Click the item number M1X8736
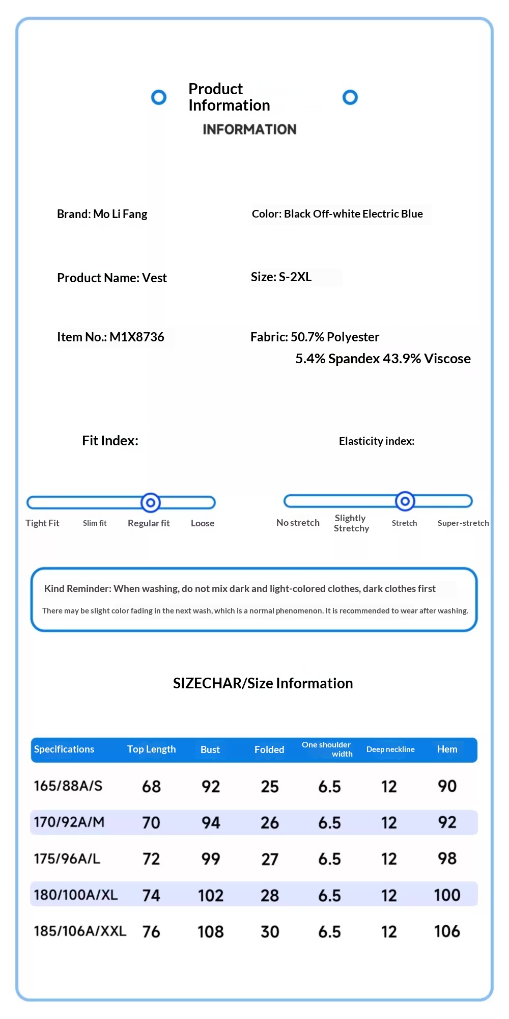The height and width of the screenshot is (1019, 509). [136, 337]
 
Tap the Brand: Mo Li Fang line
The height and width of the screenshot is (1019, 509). [102, 214]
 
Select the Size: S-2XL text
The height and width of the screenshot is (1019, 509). [281, 277]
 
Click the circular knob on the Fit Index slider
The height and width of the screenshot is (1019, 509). [151, 503]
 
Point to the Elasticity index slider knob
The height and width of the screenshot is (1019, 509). [405, 501]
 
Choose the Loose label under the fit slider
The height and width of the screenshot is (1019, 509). [203, 523]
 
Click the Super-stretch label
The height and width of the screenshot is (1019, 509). [463, 523]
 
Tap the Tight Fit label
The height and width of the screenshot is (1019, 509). [42, 523]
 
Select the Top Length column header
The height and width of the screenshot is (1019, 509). [151, 749]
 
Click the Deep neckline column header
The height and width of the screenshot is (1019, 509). [390, 749]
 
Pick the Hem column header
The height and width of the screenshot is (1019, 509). [447, 749]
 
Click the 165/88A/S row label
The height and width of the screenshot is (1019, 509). [68, 786]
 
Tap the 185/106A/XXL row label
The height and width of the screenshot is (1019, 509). [80, 931]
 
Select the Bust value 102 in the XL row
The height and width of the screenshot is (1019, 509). [211, 896]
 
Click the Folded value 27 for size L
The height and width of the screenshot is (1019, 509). [270, 860]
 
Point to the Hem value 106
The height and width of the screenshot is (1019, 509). [447, 931]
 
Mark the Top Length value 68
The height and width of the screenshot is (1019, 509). [151, 787]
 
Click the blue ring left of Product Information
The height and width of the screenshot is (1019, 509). [159, 97]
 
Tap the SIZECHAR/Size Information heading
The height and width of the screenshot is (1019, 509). [263, 683]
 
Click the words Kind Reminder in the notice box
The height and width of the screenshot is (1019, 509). [77, 589]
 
